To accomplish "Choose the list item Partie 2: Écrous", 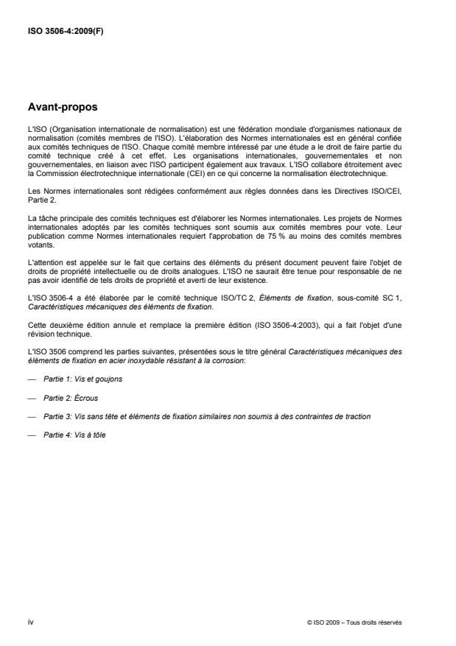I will (x=67, y=397).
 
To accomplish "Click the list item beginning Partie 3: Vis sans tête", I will (x=206, y=416).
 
